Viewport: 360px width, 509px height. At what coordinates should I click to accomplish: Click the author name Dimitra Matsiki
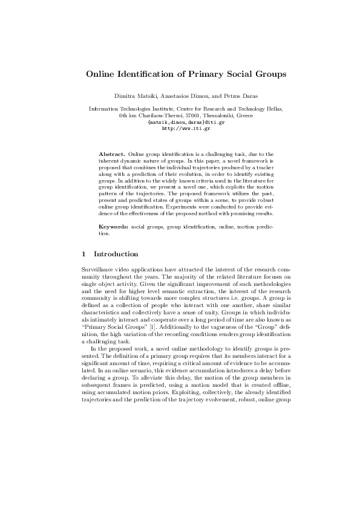pos(136,96)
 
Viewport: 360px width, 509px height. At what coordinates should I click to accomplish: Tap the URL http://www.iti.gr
pos(180,128)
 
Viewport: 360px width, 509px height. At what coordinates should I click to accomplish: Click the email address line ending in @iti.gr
pos(180,122)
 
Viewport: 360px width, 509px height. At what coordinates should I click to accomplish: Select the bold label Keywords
pos(114,225)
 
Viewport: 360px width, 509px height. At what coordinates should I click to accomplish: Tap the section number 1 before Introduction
pos(83,254)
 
